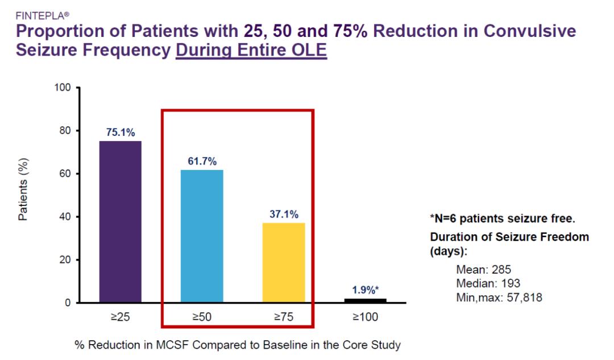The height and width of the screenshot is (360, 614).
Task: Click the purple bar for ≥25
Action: (120, 222)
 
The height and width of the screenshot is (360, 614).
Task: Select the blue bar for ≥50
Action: (201, 236)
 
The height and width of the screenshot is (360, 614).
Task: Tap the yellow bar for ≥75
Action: (284, 262)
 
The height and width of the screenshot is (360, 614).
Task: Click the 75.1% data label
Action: (121, 133)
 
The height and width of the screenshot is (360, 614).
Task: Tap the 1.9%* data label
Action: (364, 290)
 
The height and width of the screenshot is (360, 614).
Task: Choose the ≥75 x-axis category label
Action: (283, 317)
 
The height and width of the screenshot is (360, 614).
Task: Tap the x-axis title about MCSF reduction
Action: (237, 345)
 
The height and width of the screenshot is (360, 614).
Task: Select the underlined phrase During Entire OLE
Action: (251, 51)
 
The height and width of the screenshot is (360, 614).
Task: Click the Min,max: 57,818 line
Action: (499, 297)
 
